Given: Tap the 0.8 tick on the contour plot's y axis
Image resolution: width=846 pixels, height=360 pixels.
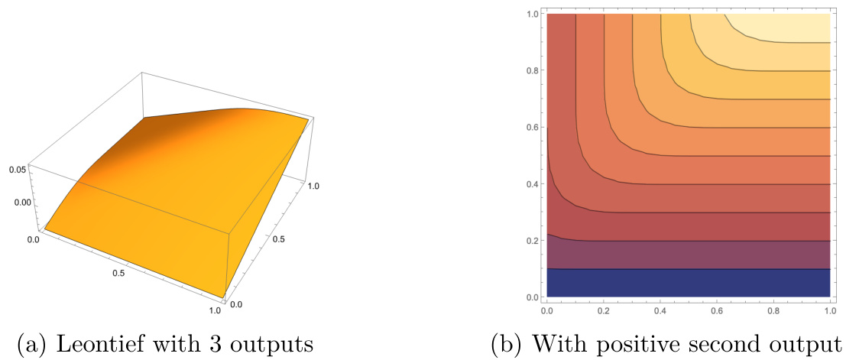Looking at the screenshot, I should coord(532,70).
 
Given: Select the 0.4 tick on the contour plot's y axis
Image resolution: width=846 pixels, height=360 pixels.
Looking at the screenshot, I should coord(532,183).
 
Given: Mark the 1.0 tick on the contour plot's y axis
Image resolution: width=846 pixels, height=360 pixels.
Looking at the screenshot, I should coord(532,14).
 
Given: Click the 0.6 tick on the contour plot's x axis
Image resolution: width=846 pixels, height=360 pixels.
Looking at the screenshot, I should coord(718,311).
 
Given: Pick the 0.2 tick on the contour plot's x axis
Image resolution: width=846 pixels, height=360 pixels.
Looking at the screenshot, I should coord(604,311).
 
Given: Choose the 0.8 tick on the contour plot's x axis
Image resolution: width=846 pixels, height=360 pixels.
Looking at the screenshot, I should coord(774,311).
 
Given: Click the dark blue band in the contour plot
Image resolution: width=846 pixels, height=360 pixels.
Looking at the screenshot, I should coord(688,282).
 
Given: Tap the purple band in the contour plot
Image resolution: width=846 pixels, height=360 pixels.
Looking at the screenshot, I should coord(688,255).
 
